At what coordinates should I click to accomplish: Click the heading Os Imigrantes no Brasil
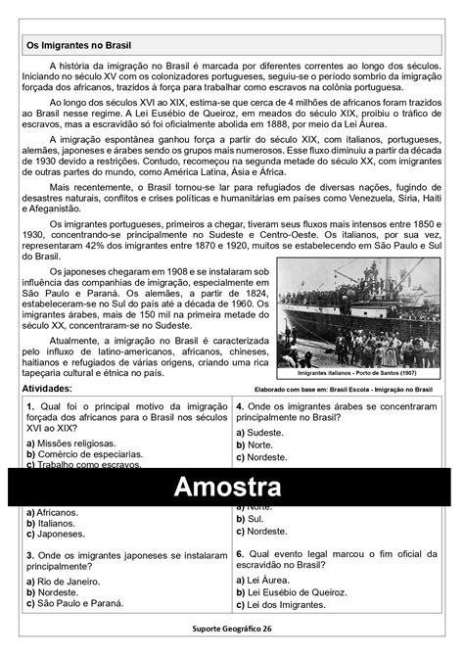tap(78, 45)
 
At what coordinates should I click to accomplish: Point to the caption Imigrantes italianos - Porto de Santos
tap(355, 373)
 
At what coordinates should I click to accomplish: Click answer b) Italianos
tap(58, 523)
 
